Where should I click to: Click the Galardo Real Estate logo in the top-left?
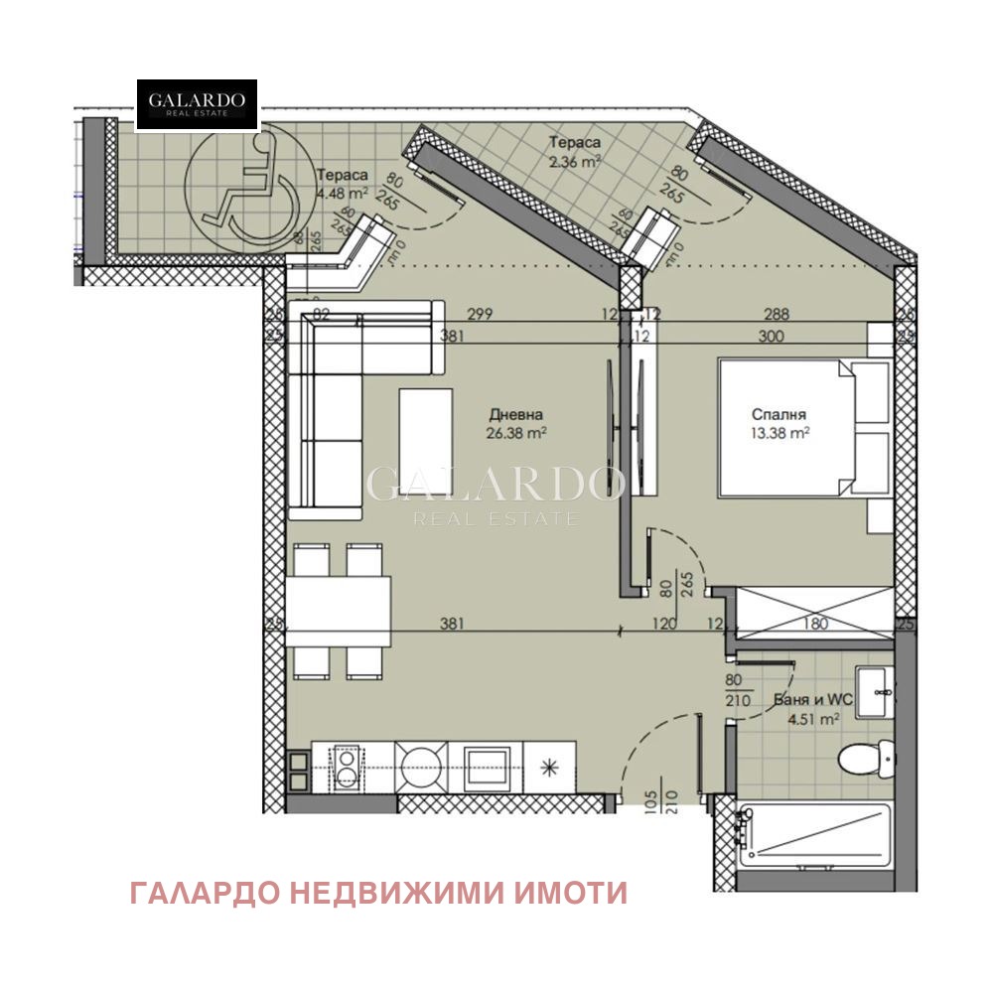pyautogui.click(x=197, y=104)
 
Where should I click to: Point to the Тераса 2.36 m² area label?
pyautogui.click(x=575, y=150)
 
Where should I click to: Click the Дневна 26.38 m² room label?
pyautogui.click(x=515, y=424)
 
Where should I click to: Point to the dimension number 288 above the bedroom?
pyautogui.click(x=777, y=315)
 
